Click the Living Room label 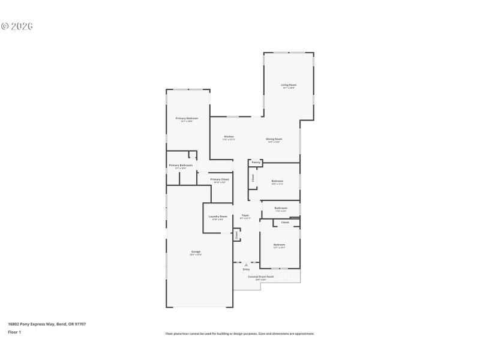(x=289, y=85)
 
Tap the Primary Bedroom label (x=187, y=118)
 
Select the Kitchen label (x=229, y=136)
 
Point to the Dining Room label (x=274, y=139)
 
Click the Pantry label (x=256, y=162)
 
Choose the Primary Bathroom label (x=181, y=165)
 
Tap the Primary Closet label (x=220, y=179)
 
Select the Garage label (x=196, y=251)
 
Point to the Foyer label (x=245, y=215)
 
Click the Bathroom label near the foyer (x=281, y=208)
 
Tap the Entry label (x=246, y=269)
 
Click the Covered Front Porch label (x=261, y=277)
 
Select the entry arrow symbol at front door (x=246, y=264)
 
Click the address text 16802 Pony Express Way (x=47, y=324)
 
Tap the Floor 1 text (x=14, y=332)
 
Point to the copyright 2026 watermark (x=16, y=26)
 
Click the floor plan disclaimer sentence (x=239, y=334)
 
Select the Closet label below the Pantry (x=253, y=178)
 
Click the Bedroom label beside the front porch (x=280, y=244)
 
